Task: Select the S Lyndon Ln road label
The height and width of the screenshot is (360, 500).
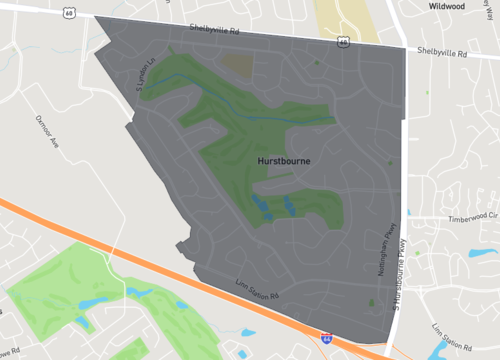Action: coord(146,77)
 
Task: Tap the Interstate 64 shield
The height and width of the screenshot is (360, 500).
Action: coord(327,340)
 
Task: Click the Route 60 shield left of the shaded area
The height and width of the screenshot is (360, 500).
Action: coord(68,12)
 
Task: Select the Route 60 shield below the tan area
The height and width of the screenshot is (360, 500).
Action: coord(343,42)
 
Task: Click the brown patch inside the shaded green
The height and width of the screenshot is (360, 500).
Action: coord(237,65)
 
